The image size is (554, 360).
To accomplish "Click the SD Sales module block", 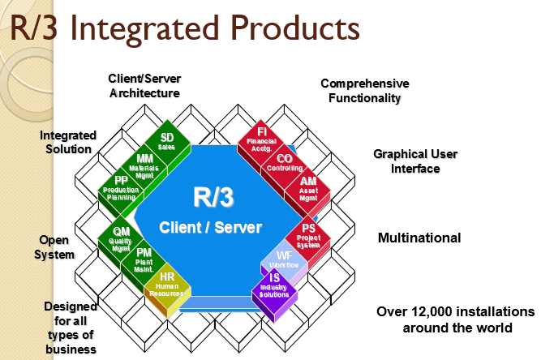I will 167,143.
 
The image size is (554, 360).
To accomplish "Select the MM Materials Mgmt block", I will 145,163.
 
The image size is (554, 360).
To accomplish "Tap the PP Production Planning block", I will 122,186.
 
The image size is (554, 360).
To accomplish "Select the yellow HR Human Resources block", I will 167,282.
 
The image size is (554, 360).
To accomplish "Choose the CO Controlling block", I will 285,163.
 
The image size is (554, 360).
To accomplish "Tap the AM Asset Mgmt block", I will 308,186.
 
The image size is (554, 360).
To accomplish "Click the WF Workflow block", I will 285,260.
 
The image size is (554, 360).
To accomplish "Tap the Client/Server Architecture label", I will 144,85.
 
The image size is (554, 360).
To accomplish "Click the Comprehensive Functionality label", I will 364,90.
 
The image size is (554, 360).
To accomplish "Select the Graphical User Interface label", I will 406,161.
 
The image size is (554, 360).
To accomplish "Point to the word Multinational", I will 419,238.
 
